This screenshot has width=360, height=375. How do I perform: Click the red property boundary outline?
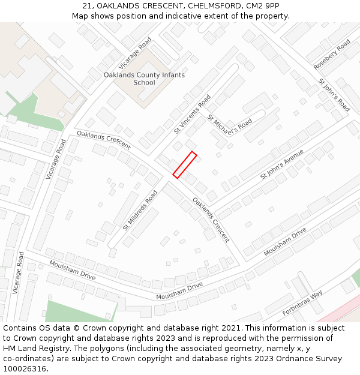tap(185, 165)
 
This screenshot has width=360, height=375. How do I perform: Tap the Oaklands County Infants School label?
tap(144, 79)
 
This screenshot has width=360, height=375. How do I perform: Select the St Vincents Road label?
tap(192, 114)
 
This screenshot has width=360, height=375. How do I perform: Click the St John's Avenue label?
tap(282, 164)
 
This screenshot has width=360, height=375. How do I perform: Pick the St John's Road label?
tap(334, 95)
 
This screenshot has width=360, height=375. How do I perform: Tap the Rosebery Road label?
tap(332, 55)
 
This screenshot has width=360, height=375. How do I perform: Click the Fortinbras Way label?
tap(302, 303)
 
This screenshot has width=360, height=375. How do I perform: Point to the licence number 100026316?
tap(25, 369)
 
